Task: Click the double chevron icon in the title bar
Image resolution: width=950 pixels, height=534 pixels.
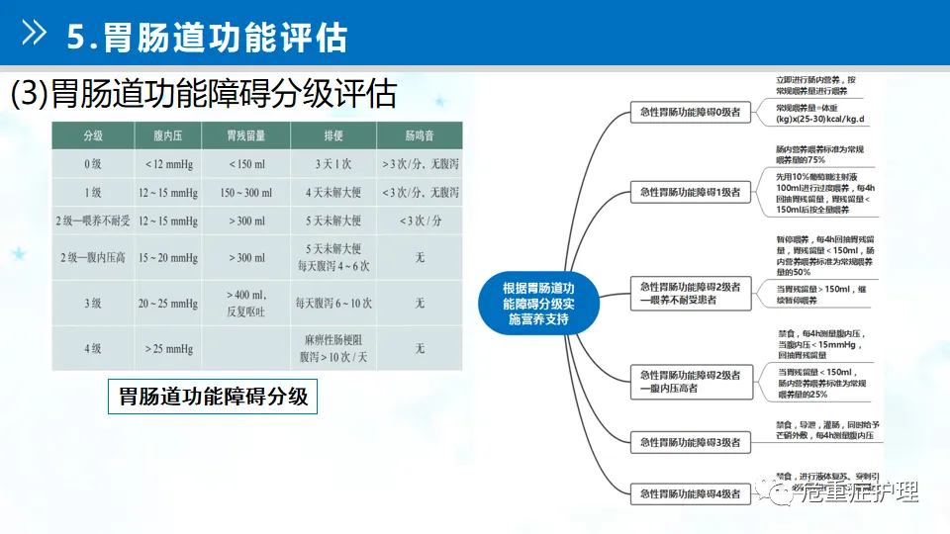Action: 35,36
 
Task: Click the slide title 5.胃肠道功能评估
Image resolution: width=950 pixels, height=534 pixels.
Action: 207,37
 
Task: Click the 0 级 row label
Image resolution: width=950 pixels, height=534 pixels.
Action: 93,163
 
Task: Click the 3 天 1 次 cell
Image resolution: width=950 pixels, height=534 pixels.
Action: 332,163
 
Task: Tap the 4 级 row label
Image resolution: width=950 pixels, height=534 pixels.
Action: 93,349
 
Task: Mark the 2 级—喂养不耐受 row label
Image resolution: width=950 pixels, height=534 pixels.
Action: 93,221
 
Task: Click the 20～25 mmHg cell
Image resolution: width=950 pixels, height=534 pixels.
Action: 168,304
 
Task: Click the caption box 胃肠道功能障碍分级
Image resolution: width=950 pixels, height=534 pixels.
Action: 213,397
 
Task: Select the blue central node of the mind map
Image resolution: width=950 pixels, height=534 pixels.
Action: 538,303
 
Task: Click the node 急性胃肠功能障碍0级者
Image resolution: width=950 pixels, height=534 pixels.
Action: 691,113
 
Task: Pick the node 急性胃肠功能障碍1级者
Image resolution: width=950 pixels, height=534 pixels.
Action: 691,192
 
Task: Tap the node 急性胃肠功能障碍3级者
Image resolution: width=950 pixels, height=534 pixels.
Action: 691,442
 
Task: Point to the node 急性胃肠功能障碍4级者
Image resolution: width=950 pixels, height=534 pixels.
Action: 691,491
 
